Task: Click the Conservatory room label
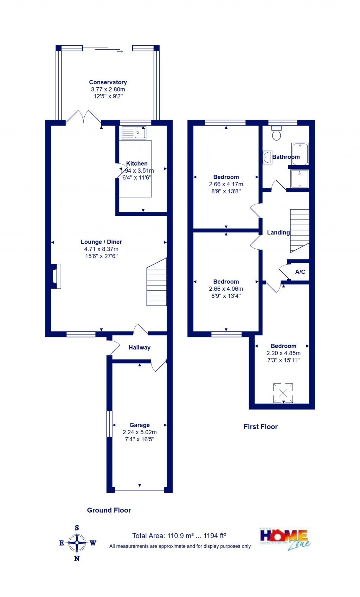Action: point(108,82)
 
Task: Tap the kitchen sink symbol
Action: point(134,133)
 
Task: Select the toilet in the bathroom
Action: point(277,133)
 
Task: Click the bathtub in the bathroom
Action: point(300,154)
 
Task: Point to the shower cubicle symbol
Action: point(300,179)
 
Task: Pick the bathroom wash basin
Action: point(267,157)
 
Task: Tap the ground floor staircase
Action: point(157,282)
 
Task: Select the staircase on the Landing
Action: point(300,230)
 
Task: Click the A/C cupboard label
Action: point(300,272)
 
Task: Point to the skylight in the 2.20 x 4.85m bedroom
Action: point(283,393)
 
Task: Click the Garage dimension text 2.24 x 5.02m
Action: point(140,432)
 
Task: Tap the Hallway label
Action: point(140,347)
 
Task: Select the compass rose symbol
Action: point(77,543)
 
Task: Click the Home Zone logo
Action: point(285,539)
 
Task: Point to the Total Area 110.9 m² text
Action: point(179,536)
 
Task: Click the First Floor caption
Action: point(261,426)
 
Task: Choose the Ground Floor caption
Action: point(109,510)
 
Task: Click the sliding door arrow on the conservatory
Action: point(120,52)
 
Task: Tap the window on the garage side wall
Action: point(109,424)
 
